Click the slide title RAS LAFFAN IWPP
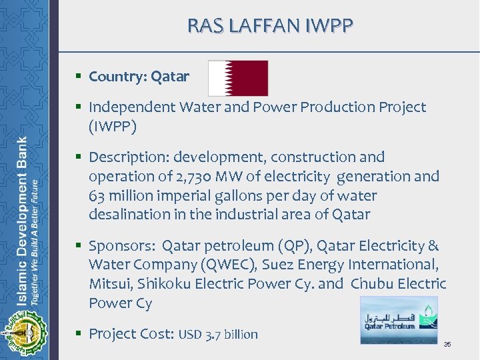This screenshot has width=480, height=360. [x=269, y=26]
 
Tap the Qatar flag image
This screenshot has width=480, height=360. [x=238, y=78]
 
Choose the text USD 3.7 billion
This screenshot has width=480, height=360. [x=217, y=335]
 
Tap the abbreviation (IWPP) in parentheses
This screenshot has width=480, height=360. [x=113, y=125]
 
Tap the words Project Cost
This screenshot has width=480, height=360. [x=131, y=334]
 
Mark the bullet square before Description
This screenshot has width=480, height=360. [x=79, y=158]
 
